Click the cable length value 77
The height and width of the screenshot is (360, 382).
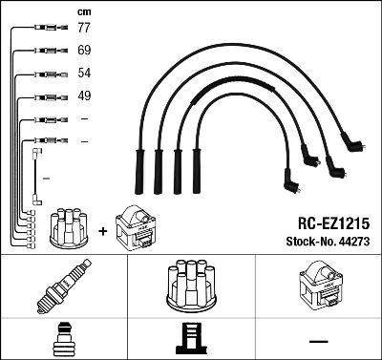click(x=83, y=29)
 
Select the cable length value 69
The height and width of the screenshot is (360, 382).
click(x=83, y=50)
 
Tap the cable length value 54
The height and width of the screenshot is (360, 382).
click(x=83, y=74)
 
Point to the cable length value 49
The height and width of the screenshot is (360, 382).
click(x=83, y=95)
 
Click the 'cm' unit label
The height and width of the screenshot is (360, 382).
click(x=83, y=11)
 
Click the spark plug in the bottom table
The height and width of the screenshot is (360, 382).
click(x=63, y=286)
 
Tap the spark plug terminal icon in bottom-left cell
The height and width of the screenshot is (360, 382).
click(x=63, y=338)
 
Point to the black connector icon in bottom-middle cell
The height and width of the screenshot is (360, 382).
click(x=190, y=340)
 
